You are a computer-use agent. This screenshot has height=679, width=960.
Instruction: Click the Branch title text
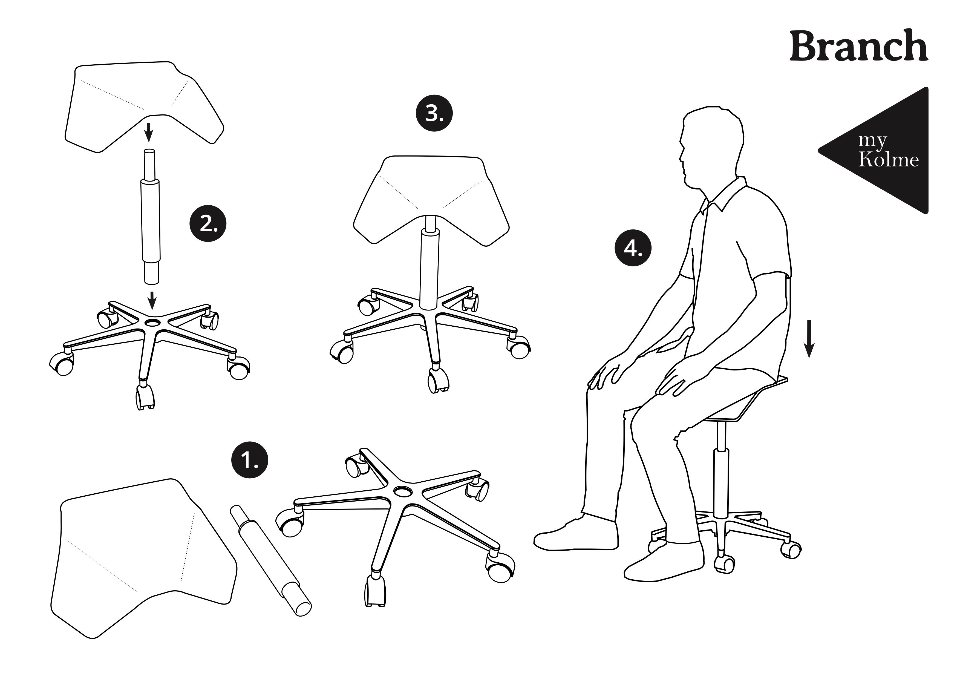coord(858,46)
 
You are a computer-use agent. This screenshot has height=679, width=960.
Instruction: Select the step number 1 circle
coord(250,461)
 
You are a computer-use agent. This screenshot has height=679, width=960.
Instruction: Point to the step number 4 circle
coord(633,249)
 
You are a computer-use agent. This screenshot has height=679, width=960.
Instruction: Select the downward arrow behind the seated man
coord(809,339)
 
